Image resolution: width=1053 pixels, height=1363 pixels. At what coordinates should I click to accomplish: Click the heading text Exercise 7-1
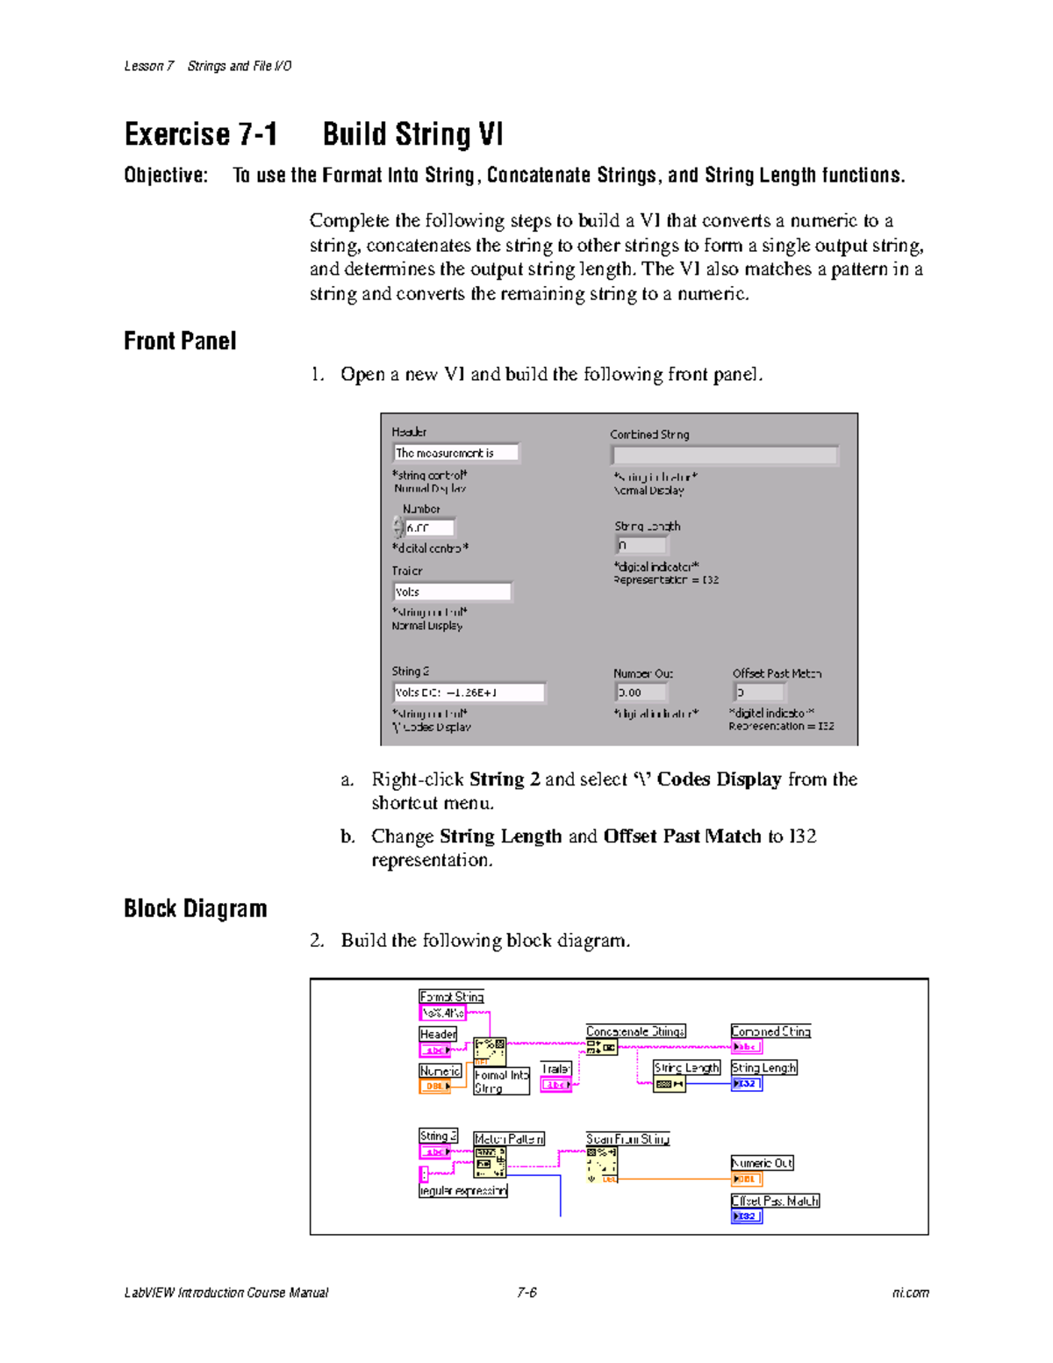point(201,134)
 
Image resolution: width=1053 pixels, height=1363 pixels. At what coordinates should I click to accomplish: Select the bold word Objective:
point(166,176)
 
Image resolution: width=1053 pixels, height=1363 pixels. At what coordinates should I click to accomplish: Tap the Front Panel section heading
point(180,341)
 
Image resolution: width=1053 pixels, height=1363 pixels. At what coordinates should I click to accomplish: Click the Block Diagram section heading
point(195,908)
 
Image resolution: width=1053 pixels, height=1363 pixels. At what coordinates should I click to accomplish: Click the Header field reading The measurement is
point(455,453)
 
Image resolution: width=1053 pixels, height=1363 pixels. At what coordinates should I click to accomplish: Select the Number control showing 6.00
point(429,527)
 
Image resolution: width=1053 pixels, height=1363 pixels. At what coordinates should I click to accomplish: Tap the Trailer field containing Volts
point(452,592)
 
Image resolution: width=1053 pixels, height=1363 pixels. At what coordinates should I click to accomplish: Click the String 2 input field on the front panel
point(469,692)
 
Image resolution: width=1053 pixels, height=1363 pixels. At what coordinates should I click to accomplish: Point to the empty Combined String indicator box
point(724,455)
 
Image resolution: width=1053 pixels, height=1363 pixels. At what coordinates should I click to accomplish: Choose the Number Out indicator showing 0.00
point(640,692)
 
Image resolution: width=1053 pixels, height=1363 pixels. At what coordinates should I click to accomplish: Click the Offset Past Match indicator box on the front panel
point(758,692)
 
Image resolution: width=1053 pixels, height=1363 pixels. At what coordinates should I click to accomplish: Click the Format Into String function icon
point(490,1051)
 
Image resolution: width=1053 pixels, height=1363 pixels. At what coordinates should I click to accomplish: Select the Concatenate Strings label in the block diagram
point(635,1031)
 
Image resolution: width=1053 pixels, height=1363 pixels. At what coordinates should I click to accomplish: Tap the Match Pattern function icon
point(490,1162)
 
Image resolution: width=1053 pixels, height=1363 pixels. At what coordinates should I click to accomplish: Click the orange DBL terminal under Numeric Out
point(746,1179)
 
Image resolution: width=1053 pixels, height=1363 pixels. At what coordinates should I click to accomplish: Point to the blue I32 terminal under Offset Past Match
point(746,1216)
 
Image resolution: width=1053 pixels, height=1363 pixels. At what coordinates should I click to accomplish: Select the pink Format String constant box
point(443,1013)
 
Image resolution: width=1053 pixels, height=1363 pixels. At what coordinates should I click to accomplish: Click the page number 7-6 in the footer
point(526,1293)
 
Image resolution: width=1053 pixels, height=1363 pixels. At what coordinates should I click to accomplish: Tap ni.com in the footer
point(910,1293)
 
